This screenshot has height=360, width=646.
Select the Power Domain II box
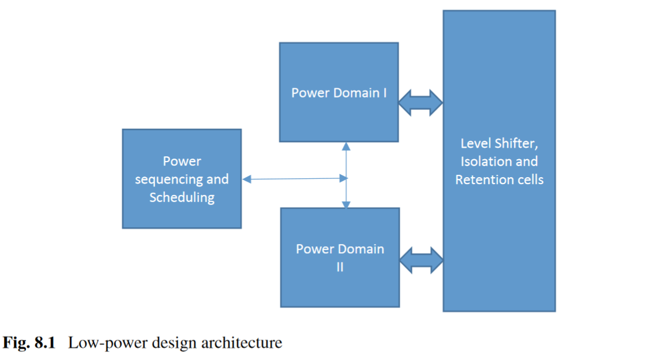[340, 283]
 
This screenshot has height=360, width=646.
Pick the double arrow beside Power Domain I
[420, 103]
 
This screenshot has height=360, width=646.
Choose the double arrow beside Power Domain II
[420, 260]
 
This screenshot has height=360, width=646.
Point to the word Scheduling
[182, 197]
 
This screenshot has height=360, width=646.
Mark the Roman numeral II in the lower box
[340, 267]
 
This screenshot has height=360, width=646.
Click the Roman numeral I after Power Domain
[385, 93]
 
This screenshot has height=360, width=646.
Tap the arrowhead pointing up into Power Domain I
[346, 146]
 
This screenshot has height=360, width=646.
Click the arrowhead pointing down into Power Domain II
[346, 204]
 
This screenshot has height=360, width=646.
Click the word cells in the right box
[530, 179]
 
